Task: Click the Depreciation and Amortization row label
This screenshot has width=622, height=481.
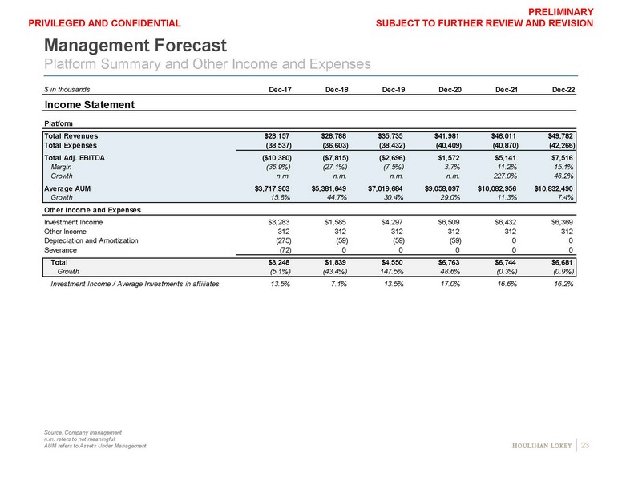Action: click(91, 240)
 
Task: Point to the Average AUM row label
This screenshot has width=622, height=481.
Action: click(70, 189)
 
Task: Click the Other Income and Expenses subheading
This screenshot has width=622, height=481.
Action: click(92, 209)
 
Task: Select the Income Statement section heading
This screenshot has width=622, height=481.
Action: click(88, 105)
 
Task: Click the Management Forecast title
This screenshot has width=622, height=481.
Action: click(135, 45)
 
